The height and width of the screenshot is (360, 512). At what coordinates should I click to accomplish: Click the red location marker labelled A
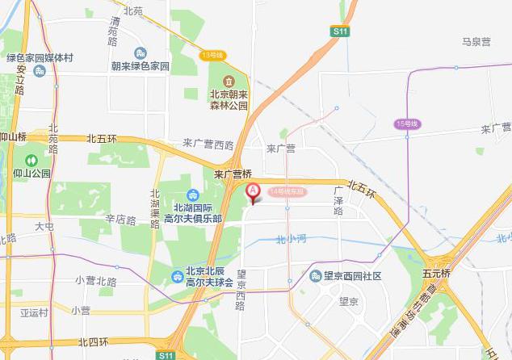tap(252, 192)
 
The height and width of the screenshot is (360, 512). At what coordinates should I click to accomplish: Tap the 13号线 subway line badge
tap(212, 55)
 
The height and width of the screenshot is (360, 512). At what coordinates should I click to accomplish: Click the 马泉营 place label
tap(476, 42)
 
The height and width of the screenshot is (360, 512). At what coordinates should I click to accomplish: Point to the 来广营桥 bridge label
tap(233, 174)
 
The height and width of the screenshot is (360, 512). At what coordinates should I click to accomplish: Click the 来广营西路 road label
tap(208, 144)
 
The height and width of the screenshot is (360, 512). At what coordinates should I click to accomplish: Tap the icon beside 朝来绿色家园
tap(141, 53)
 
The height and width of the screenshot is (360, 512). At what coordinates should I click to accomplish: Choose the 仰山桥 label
tap(14, 137)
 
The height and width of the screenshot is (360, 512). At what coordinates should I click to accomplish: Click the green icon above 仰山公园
tap(31, 160)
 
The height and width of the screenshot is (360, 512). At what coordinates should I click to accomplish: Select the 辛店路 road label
tap(120, 219)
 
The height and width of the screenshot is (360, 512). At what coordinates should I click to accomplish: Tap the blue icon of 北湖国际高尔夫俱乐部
tap(192, 195)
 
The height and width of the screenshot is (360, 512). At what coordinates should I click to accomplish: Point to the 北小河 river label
tap(290, 239)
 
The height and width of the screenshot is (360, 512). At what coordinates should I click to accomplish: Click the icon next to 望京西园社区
tap(316, 275)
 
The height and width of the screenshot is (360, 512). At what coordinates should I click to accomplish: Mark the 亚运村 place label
tap(34, 312)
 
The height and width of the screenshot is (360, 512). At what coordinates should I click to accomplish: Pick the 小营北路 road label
tap(95, 281)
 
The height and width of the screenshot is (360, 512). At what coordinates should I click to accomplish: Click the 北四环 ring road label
tap(94, 343)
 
